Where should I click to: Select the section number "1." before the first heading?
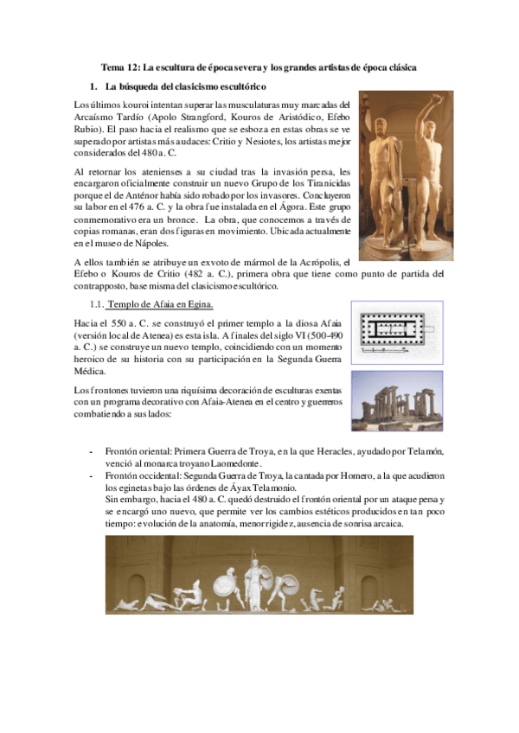[94, 87]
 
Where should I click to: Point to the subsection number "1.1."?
[97, 304]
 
